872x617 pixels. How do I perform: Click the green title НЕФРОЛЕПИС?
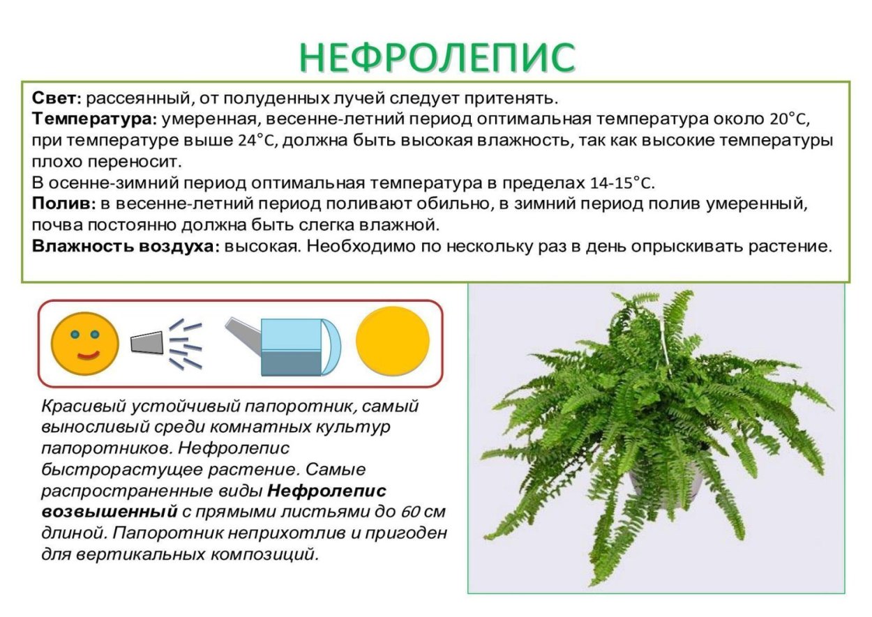[x=437, y=57]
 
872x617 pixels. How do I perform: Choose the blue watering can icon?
[x=296, y=346]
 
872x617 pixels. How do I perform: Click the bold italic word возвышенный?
[x=109, y=512]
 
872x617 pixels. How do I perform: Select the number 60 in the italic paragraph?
[x=410, y=512]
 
